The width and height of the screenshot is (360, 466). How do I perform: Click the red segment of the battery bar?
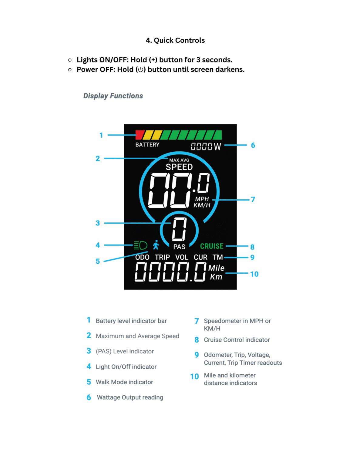[x=140, y=135]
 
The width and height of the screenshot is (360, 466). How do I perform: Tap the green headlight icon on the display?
[x=140, y=245]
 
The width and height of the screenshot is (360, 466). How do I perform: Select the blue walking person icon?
[x=156, y=245]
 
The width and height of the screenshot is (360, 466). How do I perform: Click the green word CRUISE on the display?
[x=212, y=246]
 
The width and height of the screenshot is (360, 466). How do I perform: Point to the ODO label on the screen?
[x=142, y=257]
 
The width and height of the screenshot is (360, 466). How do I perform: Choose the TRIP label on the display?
[x=162, y=257]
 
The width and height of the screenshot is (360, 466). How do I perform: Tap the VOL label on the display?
[x=182, y=257]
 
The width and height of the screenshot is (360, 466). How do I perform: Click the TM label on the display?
[x=217, y=257]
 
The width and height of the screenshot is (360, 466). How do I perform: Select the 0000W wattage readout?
[x=206, y=147]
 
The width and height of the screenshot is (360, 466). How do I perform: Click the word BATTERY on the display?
[x=147, y=145]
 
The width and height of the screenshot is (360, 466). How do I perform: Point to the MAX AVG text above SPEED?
[x=179, y=160]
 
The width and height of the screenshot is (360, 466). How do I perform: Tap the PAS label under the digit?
[x=179, y=247]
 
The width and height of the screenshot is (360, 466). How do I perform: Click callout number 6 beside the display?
[x=253, y=145]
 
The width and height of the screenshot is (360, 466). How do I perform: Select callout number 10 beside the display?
[x=254, y=274]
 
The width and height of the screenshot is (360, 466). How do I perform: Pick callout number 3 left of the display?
[x=98, y=223]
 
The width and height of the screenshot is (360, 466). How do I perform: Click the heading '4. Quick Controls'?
[x=175, y=40]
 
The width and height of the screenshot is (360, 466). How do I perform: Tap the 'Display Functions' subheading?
[x=113, y=96]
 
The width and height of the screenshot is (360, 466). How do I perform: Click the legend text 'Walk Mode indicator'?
[x=124, y=382]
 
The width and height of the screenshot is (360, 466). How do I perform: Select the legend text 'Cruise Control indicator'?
[x=237, y=340]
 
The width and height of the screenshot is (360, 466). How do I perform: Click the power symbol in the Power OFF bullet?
[x=141, y=70]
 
